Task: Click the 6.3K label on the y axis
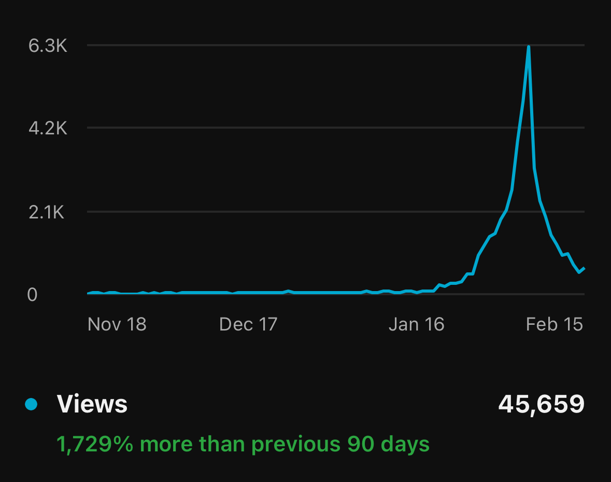(x=48, y=46)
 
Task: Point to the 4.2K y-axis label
(x=48, y=128)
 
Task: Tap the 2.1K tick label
(x=47, y=212)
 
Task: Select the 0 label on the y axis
(x=32, y=294)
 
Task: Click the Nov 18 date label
(x=117, y=324)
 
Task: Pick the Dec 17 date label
(x=248, y=324)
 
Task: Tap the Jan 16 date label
(x=416, y=324)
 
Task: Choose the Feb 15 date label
(x=554, y=324)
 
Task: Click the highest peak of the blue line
(x=528, y=47)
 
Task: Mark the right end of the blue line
(x=584, y=268)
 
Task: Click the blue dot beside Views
(x=31, y=404)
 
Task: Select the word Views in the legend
(x=92, y=404)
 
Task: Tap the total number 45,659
(x=541, y=404)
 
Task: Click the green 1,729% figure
(x=95, y=444)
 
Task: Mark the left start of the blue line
(x=88, y=293)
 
